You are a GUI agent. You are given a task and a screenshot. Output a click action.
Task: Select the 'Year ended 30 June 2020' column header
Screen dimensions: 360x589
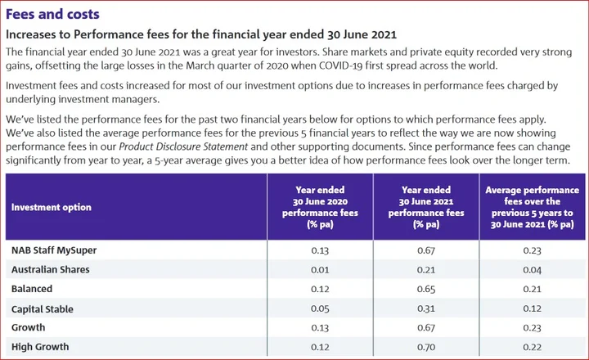320,207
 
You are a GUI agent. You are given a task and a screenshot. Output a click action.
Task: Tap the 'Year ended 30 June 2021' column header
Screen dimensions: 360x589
426,207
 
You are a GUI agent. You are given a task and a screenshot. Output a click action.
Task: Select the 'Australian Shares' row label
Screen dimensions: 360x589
51,269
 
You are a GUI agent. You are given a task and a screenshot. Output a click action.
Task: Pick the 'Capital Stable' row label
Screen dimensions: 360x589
43,308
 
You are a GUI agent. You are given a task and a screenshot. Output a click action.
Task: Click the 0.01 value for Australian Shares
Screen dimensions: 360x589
320,269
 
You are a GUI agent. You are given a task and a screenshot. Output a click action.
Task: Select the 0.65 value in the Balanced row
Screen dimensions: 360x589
426,289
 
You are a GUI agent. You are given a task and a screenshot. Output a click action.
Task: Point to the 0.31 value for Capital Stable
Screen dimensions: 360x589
426,308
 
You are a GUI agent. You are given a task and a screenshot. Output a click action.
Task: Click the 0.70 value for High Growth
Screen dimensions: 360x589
426,348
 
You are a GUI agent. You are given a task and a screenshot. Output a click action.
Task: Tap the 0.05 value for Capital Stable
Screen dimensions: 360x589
320,308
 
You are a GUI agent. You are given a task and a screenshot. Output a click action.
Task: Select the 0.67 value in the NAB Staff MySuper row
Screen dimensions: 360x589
426,250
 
